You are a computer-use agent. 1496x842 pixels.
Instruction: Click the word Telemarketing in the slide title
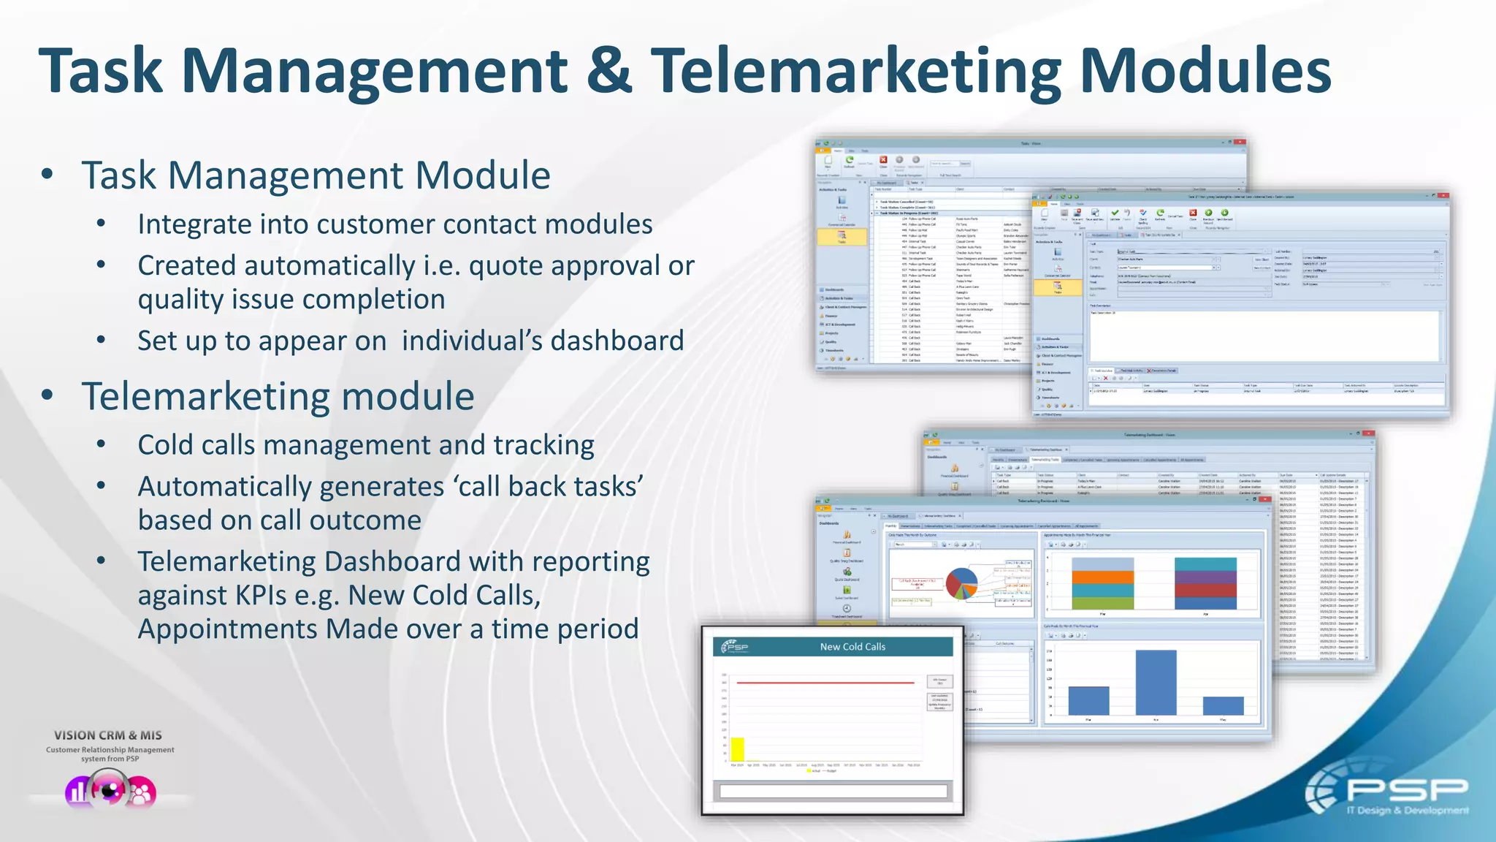coord(855,71)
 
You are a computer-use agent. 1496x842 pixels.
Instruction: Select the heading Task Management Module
coord(316,175)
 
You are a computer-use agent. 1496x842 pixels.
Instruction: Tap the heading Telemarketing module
coord(278,396)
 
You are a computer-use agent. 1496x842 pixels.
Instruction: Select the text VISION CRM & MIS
coord(108,735)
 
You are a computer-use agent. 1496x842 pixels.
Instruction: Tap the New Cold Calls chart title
coord(852,647)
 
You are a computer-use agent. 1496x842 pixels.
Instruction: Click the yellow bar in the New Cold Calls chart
coord(738,748)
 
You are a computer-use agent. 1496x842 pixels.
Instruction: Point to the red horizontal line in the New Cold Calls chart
coord(825,683)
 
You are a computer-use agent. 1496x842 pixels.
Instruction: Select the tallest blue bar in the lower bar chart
coord(1156,683)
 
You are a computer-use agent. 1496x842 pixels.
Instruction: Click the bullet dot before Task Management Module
coord(47,174)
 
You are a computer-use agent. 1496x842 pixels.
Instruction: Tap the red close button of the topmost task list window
coord(1240,143)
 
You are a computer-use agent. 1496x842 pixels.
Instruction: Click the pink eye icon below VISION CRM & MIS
coord(110,791)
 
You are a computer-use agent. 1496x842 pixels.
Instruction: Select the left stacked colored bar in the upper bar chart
coord(1102,583)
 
